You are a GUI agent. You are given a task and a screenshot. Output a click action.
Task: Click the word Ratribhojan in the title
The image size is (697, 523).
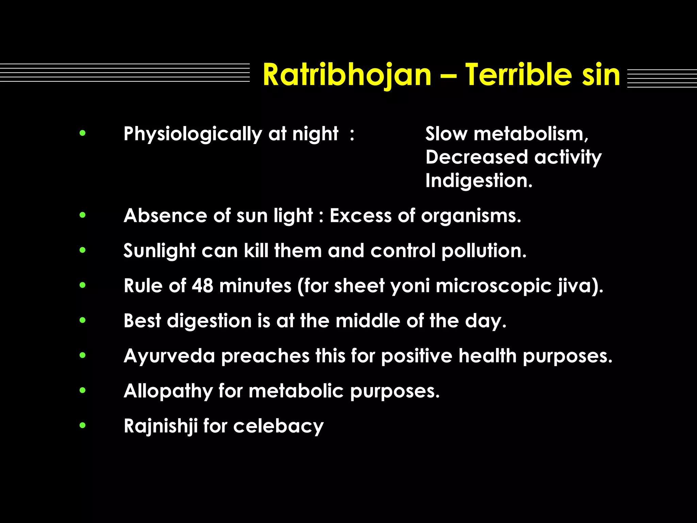(x=347, y=76)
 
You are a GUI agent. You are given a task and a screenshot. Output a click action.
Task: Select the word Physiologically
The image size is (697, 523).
(x=193, y=134)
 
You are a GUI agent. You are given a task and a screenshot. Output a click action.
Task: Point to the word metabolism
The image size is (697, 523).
(x=531, y=134)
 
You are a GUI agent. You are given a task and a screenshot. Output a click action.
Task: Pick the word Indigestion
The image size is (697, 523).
(x=479, y=181)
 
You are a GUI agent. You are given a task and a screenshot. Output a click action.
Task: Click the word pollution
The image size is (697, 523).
(x=484, y=251)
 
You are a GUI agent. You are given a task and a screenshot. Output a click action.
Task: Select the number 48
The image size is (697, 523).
(x=202, y=286)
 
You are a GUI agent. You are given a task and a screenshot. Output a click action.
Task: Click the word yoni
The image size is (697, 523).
(x=410, y=286)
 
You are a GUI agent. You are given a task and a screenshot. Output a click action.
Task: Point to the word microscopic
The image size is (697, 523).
(x=493, y=286)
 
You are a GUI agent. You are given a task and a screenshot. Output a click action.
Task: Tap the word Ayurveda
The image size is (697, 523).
(x=169, y=356)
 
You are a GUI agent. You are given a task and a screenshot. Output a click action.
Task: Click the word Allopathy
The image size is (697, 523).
(x=168, y=391)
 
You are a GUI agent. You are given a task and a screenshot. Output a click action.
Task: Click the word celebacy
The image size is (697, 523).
(x=278, y=426)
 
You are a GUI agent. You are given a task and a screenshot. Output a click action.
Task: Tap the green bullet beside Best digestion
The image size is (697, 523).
(x=82, y=320)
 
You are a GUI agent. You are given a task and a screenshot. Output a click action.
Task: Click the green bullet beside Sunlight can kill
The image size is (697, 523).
(x=82, y=250)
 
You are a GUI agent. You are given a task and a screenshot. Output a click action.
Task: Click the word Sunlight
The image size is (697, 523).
(x=159, y=251)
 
